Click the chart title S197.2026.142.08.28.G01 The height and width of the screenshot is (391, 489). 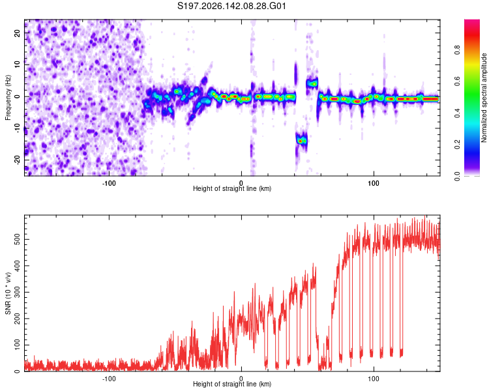click(x=231, y=6)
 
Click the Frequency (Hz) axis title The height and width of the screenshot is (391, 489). click(x=8, y=98)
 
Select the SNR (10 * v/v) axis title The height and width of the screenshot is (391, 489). click(x=8, y=293)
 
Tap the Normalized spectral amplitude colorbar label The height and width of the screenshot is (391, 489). click(x=484, y=98)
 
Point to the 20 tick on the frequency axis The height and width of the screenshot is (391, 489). click(x=17, y=33)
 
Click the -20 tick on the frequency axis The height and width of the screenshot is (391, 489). click(x=17, y=160)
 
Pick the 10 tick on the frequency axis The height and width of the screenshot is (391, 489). click(x=17, y=65)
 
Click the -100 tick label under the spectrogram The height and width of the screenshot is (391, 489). click(x=108, y=183)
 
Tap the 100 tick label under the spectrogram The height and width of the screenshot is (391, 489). click(x=374, y=183)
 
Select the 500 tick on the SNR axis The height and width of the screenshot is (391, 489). click(x=17, y=239)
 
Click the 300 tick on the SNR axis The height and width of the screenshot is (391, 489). click(x=17, y=292)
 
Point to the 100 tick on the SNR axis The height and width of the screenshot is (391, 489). click(x=17, y=345)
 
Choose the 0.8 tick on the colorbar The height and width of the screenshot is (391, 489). click(x=457, y=50)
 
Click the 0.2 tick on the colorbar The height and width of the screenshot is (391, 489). click(x=457, y=145)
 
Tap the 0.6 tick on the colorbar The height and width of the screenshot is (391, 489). click(x=457, y=81)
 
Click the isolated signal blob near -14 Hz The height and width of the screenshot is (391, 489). click(x=301, y=141)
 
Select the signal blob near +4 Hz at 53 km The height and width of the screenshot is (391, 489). click(x=312, y=83)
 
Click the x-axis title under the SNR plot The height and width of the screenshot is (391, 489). click(x=232, y=384)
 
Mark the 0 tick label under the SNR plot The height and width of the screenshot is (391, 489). click(x=241, y=379)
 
